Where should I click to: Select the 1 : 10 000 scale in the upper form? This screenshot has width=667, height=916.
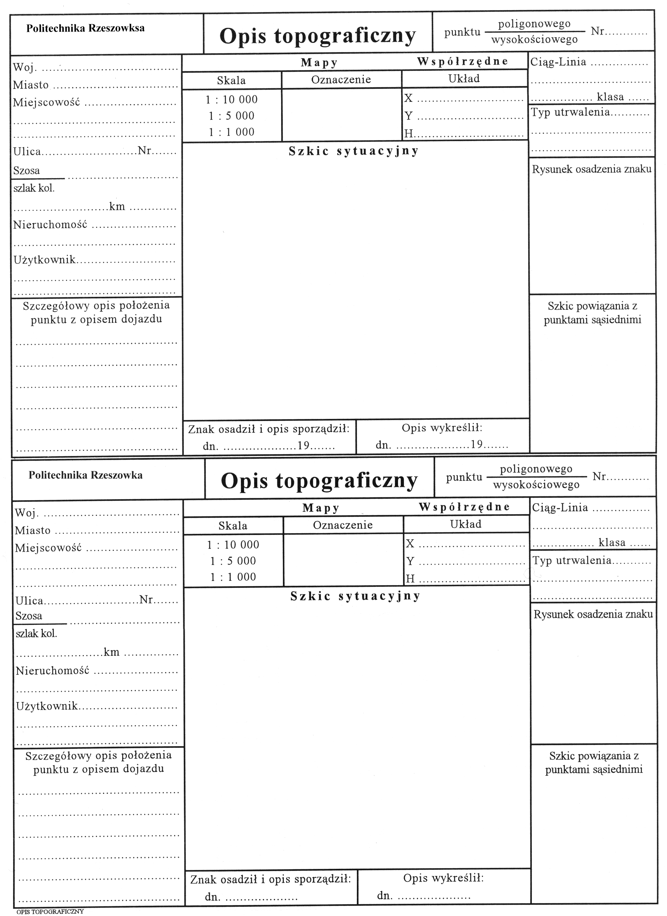(x=232, y=99)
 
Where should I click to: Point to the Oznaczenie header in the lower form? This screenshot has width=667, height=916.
(x=343, y=525)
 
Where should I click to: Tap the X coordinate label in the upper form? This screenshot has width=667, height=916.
(x=409, y=98)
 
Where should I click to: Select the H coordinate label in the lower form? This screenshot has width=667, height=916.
(x=410, y=579)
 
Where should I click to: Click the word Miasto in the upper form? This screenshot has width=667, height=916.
(x=31, y=85)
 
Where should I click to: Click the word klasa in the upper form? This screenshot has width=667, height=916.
(x=610, y=97)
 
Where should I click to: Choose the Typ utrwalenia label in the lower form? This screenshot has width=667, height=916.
(x=572, y=560)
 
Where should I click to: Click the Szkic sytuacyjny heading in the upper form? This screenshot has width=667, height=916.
(x=353, y=151)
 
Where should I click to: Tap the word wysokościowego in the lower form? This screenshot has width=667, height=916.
(x=536, y=485)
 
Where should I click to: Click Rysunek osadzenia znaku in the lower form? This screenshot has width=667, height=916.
(x=593, y=614)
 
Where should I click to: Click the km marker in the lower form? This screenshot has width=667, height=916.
(x=111, y=652)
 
